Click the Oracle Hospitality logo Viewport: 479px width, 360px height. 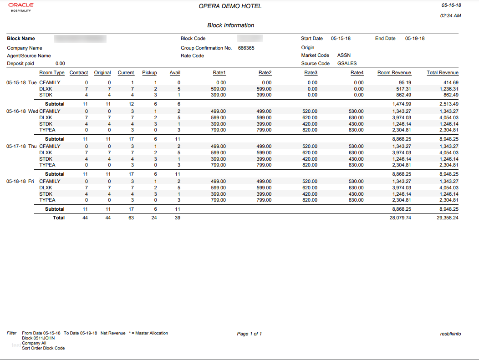pyautogui.click(x=21, y=7)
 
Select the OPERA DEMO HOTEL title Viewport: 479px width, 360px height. pyautogui.click(x=230, y=6)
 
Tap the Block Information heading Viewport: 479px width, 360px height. pyautogui.click(x=230, y=25)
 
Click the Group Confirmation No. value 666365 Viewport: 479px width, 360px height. pyautogui.click(x=246, y=48)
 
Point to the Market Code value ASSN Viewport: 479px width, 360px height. pyautogui.click(x=344, y=56)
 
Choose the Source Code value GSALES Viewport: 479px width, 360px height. pyautogui.click(x=347, y=64)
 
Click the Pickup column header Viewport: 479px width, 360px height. pyautogui.click(x=149, y=73)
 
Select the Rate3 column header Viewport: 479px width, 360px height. pyautogui.click(x=311, y=73)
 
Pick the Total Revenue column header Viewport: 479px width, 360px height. pyautogui.click(x=442, y=73)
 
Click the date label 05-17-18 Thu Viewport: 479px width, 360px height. pyautogui.click(x=21, y=147)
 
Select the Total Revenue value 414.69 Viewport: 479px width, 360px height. pyautogui.click(x=449, y=83)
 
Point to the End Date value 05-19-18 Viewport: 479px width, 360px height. pyautogui.click(x=415, y=39)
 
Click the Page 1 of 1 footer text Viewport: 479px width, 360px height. pyautogui.click(x=250, y=334)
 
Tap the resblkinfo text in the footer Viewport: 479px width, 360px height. pyautogui.click(x=451, y=334)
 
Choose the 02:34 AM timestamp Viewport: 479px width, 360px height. pyautogui.click(x=451, y=16)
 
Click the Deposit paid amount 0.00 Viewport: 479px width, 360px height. pyautogui.click(x=60, y=64)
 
